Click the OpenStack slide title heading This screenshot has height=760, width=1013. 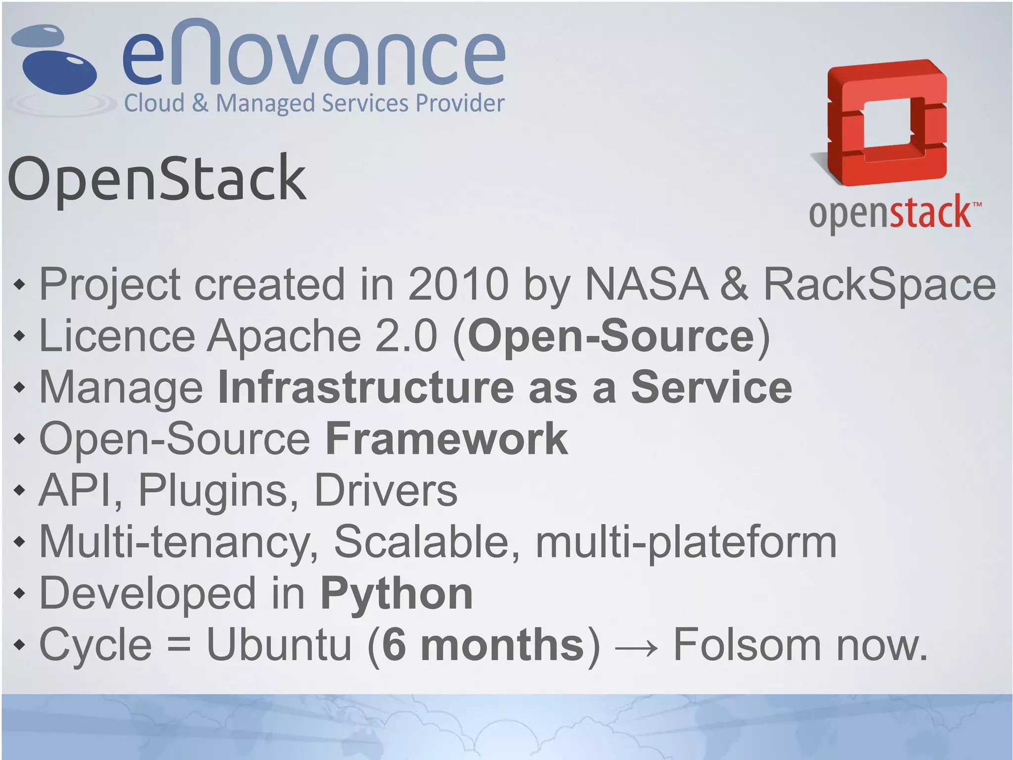157,179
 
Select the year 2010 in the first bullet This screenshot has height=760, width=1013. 458,284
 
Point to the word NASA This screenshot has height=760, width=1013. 646,284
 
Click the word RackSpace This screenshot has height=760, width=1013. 879,285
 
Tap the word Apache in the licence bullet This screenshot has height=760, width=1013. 284,336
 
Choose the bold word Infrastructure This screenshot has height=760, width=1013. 366,388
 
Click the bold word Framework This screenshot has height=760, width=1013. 446,439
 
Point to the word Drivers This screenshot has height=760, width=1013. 386,491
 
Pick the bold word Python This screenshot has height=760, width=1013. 397,594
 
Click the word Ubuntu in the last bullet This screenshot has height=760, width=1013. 279,645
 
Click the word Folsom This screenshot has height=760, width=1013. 747,645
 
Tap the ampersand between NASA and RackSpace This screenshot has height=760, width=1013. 736,284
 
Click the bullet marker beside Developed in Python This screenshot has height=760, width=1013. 19,594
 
